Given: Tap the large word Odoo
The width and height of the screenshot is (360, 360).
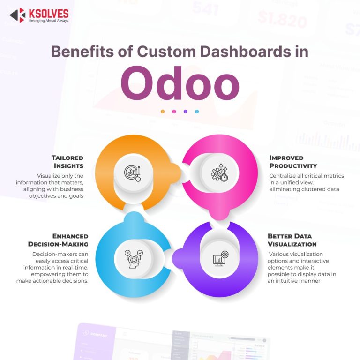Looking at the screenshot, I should tap(180, 84).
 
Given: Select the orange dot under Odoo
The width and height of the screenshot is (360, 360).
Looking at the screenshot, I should tap(163, 112).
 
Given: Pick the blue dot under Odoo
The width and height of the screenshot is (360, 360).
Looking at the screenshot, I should tap(197, 112).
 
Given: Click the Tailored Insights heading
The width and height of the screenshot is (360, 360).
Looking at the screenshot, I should tap(67, 161).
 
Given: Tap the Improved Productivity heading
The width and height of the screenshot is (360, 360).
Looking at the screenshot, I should tap(293, 161).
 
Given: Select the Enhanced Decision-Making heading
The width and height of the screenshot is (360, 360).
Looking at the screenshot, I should tap(58, 240).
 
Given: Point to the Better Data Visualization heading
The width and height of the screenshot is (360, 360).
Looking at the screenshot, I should tap(292, 240).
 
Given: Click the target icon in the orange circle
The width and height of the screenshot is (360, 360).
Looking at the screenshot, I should tap(132, 172).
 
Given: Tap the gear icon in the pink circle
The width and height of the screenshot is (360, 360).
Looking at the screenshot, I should tap(219, 172).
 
